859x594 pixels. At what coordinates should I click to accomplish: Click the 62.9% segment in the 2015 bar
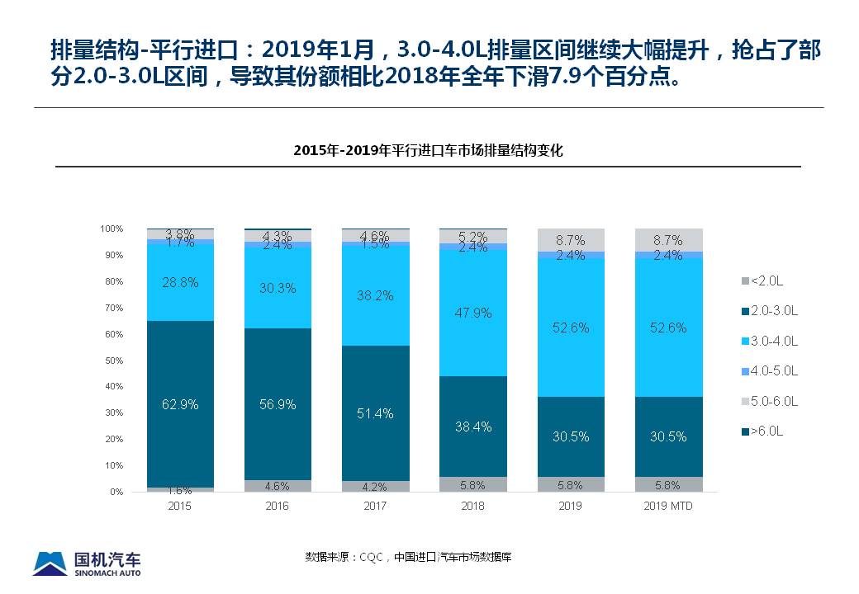click(179, 404)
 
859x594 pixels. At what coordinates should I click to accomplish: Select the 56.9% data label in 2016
click(278, 405)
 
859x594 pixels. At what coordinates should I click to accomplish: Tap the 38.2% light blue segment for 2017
click(375, 295)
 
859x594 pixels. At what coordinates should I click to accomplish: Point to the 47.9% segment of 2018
click(473, 313)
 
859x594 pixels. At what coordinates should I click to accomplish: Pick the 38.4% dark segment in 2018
click(473, 427)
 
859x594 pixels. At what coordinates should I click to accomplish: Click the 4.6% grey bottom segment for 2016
click(278, 486)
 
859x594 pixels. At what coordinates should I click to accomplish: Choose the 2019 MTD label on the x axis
click(668, 506)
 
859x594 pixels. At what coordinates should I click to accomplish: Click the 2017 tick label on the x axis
click(375, 506)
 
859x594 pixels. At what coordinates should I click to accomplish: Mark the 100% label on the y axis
click(112, 229)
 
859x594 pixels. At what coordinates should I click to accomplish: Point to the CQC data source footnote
click(409, 557)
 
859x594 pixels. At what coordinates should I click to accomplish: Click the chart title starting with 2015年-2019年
click(428, 151)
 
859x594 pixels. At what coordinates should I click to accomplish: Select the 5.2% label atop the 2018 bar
click(473, 235)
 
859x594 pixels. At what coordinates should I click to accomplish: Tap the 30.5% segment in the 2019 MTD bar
click(668, 436)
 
